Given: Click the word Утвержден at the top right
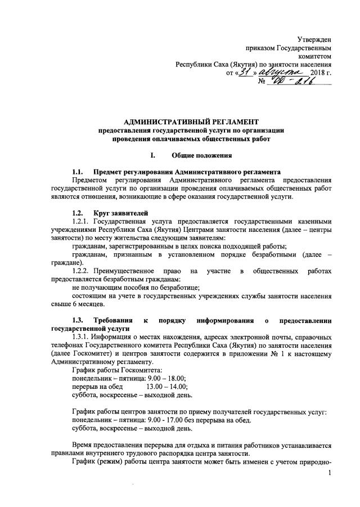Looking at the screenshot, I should [x=314, y=39].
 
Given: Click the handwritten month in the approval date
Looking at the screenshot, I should [x=278, y=72].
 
